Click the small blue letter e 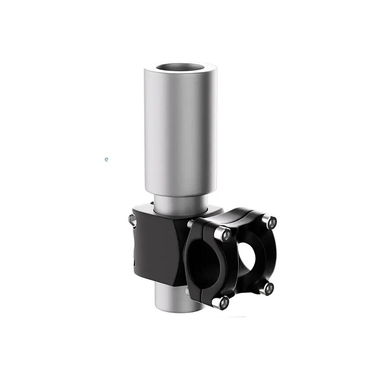tap(107, 159)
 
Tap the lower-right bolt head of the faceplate tap(267, 288)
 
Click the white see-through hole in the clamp tap(247, 257)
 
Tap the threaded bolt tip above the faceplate tap(190, 223)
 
